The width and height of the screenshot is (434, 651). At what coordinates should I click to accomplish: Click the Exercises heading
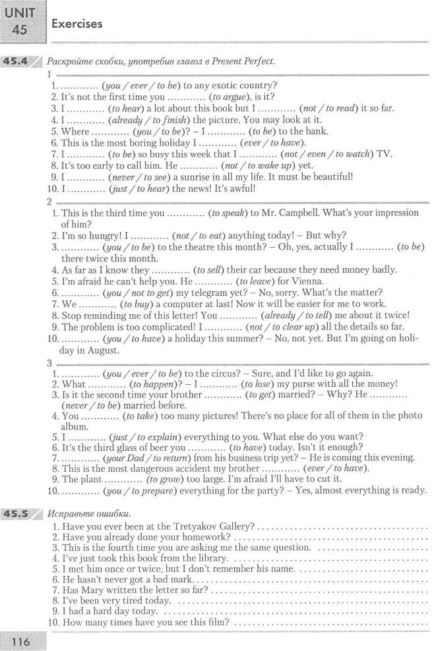click(x=77, y=24)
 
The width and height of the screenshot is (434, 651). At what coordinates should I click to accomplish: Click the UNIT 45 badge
click(x=23, y=21)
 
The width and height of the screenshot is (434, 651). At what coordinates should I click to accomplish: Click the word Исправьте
click(x=71, y=513)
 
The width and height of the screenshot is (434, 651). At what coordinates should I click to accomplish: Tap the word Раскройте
click(x=71, y=61)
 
